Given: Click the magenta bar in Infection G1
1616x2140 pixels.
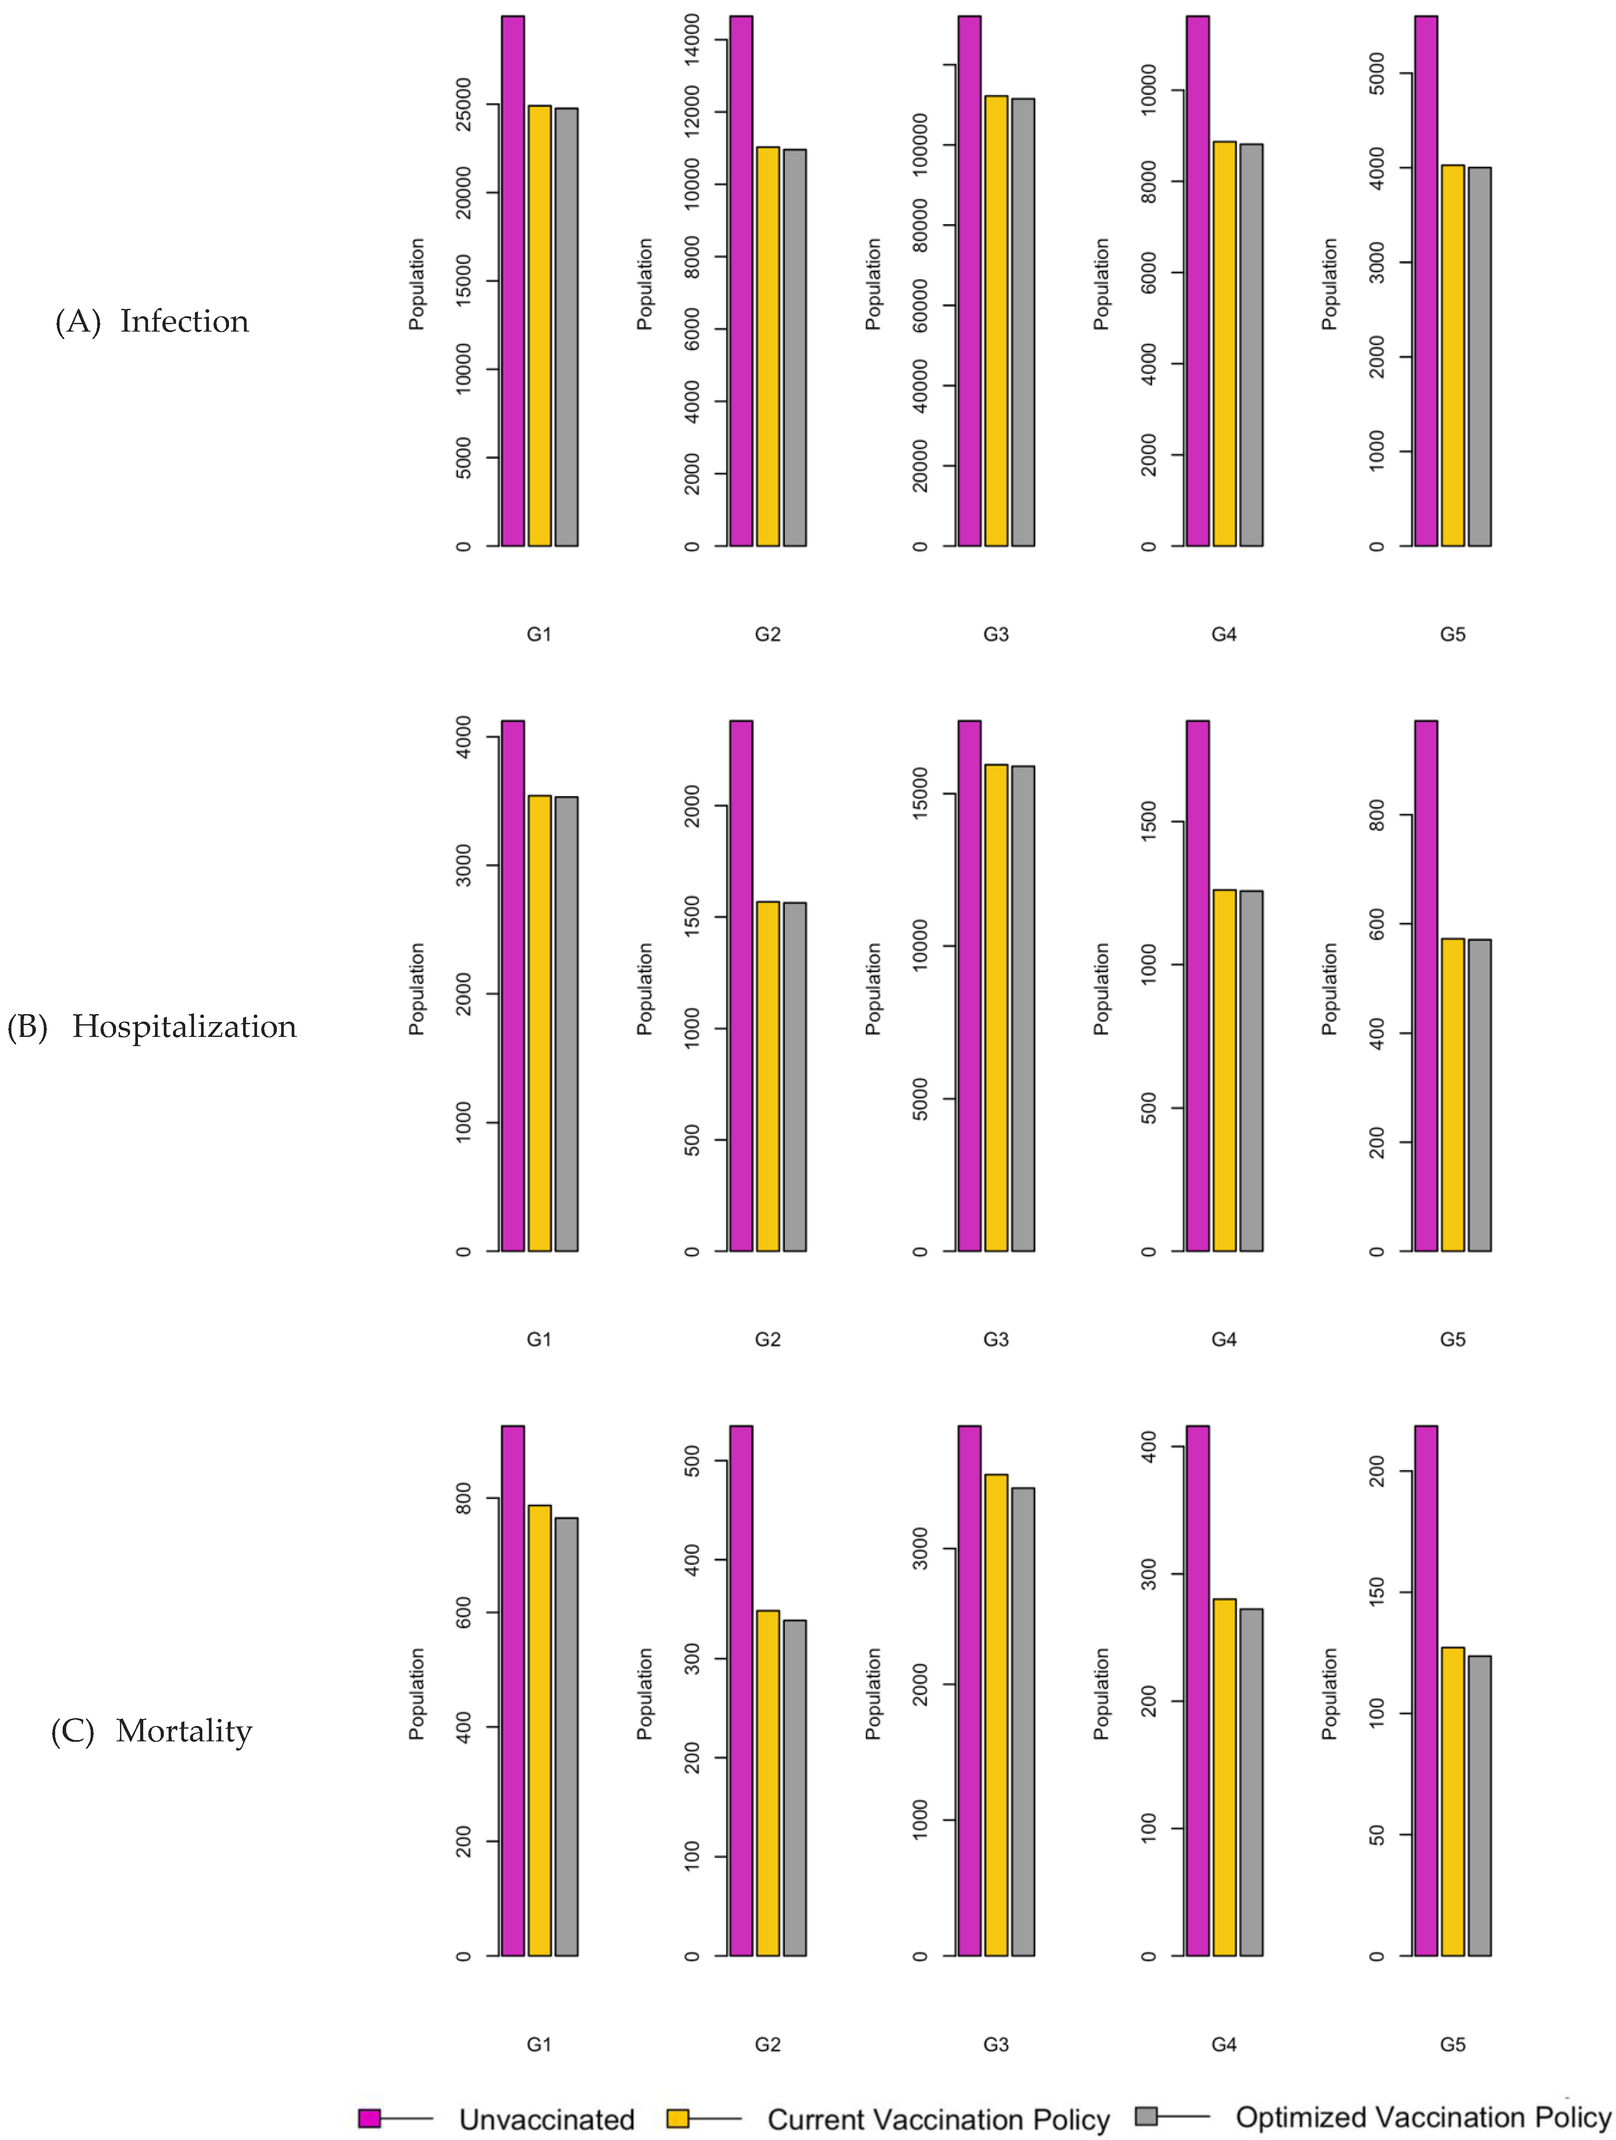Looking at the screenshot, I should (x=512, y=280).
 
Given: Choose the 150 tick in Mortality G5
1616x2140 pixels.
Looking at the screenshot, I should (x=1377, y=1592).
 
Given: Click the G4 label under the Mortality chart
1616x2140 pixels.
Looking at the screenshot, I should (x=1224, y=2044).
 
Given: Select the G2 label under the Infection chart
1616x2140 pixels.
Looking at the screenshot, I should (x=768, y=635).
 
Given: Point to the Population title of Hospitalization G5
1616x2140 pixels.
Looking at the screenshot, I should (x=1331, y=989).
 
